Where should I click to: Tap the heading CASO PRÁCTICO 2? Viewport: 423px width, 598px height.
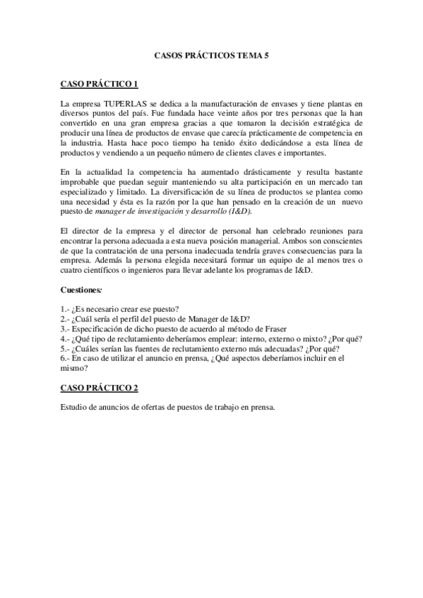(99, 389)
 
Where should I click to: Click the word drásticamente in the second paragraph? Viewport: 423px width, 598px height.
(261, 171)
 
